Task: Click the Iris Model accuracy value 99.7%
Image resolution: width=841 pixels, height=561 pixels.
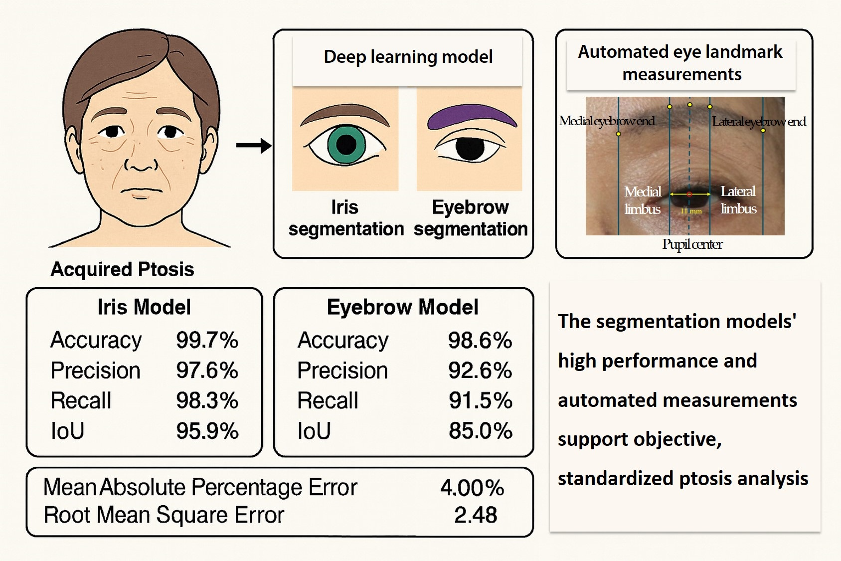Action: (x=207, y=341)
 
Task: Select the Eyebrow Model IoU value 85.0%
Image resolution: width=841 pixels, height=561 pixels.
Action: (x=480, y=431)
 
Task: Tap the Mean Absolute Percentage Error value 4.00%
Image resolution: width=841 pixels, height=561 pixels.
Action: (x=472, y=488)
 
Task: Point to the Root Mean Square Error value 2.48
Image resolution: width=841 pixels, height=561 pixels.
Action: (x=475, y=515)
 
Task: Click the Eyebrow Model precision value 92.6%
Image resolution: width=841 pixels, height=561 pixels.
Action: (x=480, y=371)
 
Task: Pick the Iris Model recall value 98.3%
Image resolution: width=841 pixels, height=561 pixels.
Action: (x=207, y=401)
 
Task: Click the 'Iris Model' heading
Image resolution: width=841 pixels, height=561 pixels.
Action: (x=144, y=307)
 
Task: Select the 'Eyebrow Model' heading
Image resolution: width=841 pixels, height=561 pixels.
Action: (x=402, y=307)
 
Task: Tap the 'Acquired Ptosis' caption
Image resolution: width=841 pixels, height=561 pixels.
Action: (x=122, y=269)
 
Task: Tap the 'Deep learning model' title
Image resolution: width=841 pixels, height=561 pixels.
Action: (x=408, y=57)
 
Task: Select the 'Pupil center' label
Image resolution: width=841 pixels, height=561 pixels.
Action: (x=692, y=244)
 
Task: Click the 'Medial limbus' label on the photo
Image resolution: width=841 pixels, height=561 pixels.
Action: (x=643, y=200)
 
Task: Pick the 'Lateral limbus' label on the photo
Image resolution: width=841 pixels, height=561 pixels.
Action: (x=738, y=199)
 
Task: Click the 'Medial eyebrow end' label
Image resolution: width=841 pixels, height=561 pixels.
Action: (x=607, y=121)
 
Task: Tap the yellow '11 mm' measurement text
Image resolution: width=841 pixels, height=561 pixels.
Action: (x=691, y=211)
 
